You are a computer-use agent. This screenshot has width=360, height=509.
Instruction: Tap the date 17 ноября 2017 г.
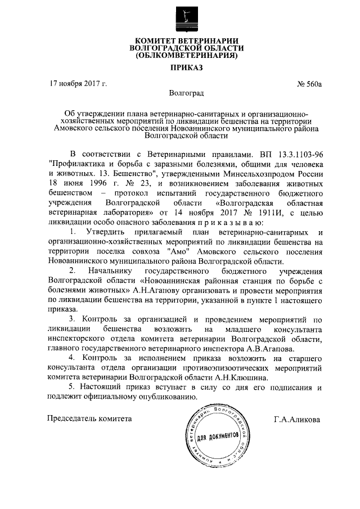tap(79, 84)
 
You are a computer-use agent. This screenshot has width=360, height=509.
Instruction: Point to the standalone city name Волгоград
tap(186, 92)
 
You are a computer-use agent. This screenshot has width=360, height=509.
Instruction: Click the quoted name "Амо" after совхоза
tap(178, 253)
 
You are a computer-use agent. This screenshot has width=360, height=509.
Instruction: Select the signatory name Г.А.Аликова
tap(297, 420)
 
